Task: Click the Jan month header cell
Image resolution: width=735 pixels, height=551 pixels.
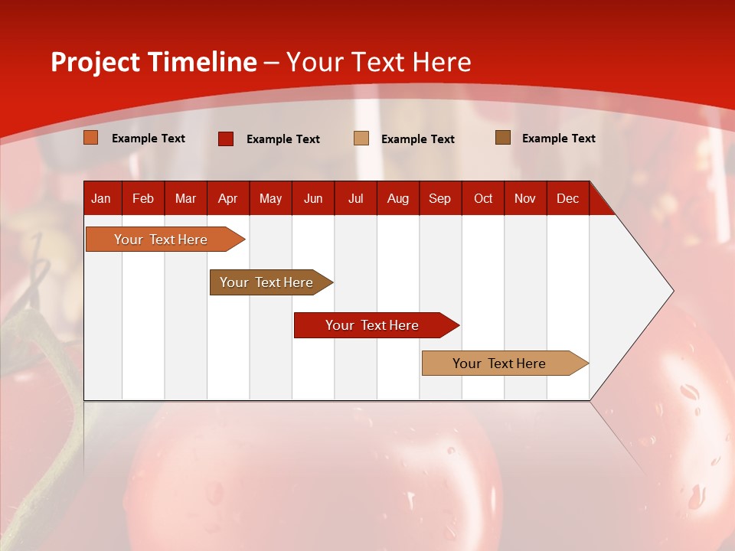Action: [x=102, y=198]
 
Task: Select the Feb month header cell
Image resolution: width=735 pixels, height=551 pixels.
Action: [x=143, y=198]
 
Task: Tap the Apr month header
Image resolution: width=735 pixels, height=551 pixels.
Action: [x=228, y=198]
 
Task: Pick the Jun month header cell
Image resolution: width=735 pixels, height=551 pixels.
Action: [x=313, y=198]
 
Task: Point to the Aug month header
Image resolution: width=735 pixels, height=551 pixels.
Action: [x=398, y=198]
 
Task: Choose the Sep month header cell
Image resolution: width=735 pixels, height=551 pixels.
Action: [x=440, y=198]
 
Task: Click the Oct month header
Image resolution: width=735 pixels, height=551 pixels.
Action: [x=483, y=198]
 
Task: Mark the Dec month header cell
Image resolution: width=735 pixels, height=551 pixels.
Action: [x=568, y=198]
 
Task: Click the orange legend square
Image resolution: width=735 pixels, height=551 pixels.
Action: [x=91, y=138]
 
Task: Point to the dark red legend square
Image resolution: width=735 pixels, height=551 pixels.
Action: [x=226, y=139]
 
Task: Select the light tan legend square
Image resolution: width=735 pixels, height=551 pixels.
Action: [x=361, y=139]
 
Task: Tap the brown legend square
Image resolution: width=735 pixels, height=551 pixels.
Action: [x=503, y=138]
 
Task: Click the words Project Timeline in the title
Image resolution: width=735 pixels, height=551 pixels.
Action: [x=154, y=62]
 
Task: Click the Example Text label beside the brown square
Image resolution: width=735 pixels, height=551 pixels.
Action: [x=558, y=139]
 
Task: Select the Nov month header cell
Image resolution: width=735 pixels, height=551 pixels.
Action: [x=525, y=198]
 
